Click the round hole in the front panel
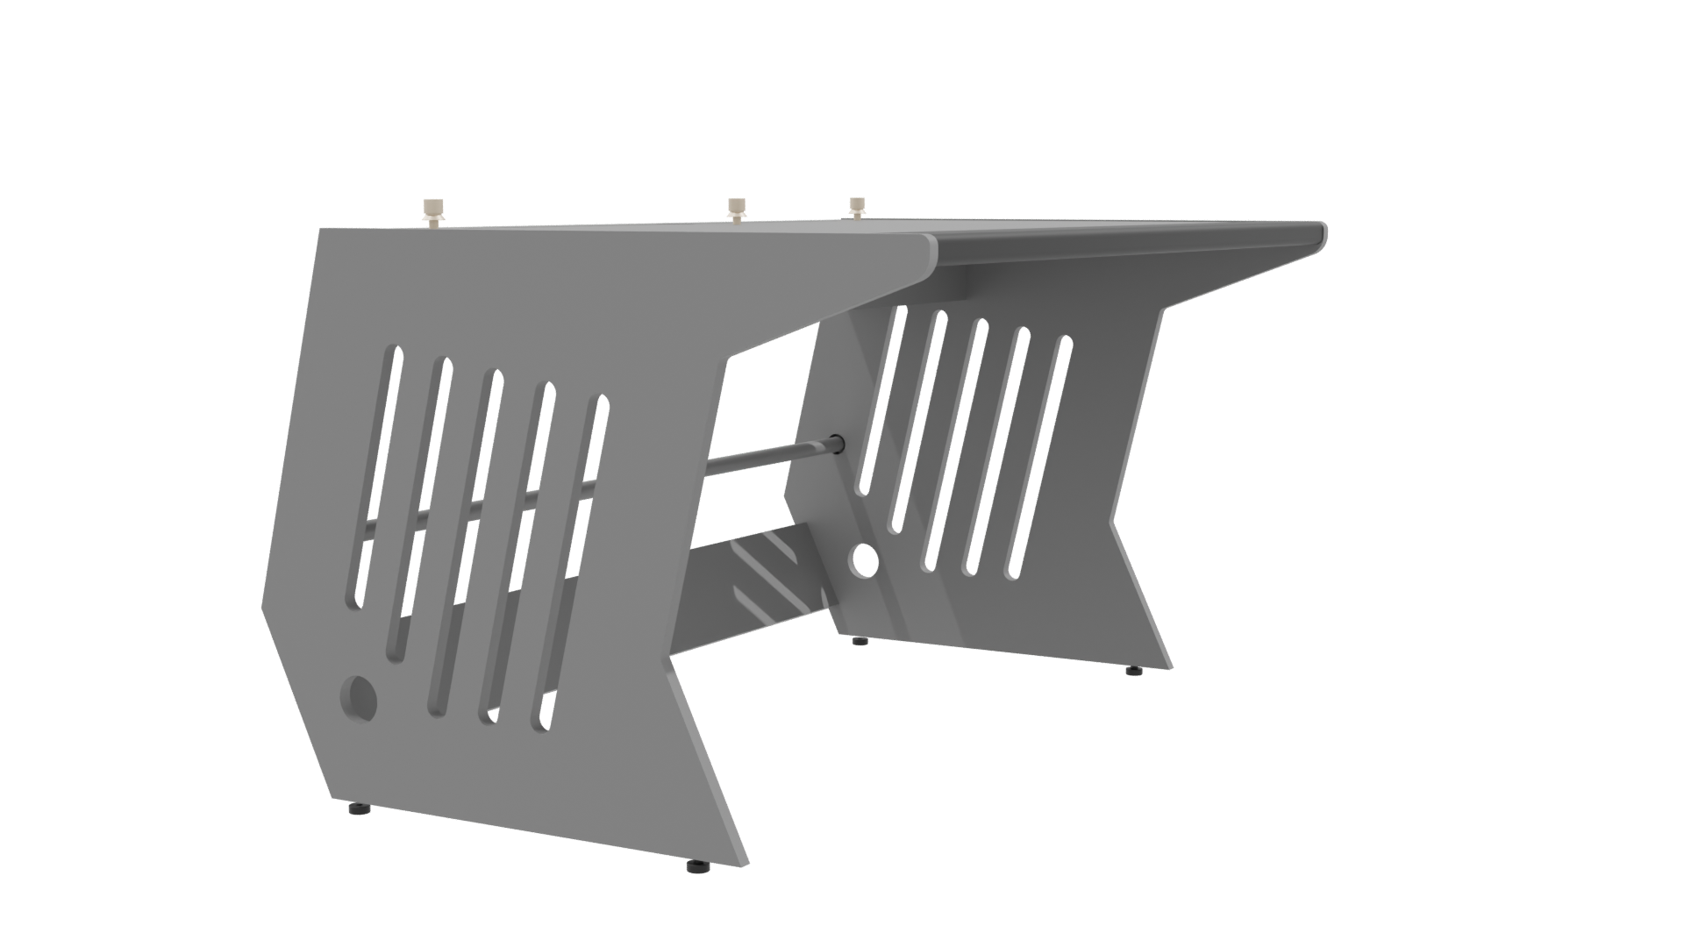pyautogui.click(x=359, y=697)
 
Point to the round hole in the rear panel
pyautogui.click(x=865, y=559)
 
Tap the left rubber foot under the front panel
pyautogui.click(x=357, y=808)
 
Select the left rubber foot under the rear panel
pyautogui.click(x=860, y=641)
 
